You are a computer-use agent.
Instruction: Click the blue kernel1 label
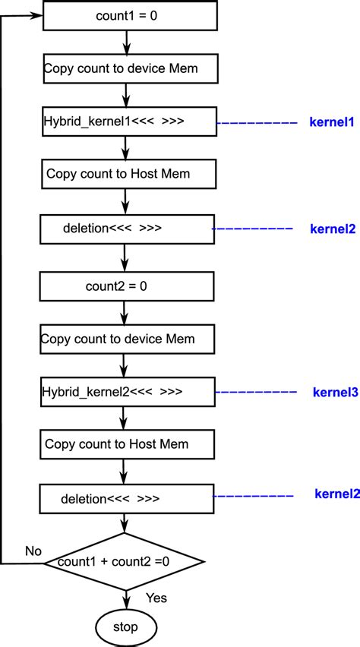330,122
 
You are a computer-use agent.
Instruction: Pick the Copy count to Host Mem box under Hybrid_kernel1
124,174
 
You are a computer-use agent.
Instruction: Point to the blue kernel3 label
335,393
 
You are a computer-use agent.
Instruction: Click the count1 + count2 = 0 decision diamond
124,563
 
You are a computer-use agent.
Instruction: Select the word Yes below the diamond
157,598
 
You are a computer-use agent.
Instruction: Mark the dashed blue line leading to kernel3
255,393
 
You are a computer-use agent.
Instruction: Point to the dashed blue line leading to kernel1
257,122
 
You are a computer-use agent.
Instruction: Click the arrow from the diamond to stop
125,600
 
